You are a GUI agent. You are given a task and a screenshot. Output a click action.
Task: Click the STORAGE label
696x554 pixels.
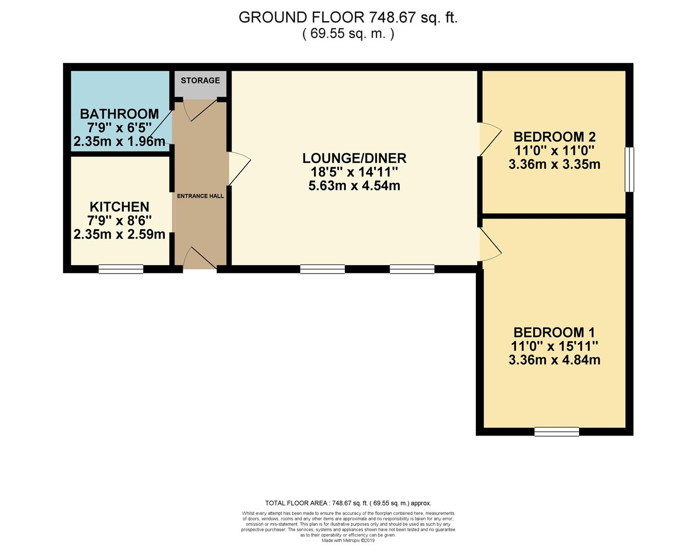200,81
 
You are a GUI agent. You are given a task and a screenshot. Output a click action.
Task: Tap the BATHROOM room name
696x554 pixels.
120,114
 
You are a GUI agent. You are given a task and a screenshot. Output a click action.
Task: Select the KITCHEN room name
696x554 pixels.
120,207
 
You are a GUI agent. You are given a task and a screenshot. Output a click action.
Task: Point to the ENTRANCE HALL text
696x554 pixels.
200,196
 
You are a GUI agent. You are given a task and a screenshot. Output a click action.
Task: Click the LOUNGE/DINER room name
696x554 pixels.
355,159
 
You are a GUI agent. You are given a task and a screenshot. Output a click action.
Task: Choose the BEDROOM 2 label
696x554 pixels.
554,137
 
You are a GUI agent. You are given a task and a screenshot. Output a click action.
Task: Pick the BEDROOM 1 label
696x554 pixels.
554,332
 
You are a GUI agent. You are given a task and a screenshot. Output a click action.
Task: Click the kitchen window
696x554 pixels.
121,269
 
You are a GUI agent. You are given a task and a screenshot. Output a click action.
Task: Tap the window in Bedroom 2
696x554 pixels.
629,170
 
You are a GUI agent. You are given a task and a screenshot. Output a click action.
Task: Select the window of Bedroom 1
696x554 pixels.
556,432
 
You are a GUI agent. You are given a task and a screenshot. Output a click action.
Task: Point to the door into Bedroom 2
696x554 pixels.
490,140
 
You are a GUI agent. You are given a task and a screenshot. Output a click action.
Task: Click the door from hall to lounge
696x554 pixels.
240,169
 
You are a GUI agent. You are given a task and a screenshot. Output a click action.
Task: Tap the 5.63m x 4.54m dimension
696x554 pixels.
355,186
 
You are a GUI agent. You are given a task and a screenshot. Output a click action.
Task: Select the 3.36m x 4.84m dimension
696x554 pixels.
554,360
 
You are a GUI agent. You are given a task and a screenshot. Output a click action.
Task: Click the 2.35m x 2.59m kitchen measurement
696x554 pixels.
120,234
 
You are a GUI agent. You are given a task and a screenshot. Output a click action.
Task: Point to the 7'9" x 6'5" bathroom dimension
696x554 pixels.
120,128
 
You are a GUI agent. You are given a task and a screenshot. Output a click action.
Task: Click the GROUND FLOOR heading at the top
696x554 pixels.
348,17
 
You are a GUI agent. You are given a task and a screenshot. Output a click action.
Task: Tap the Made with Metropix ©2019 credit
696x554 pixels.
348,541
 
